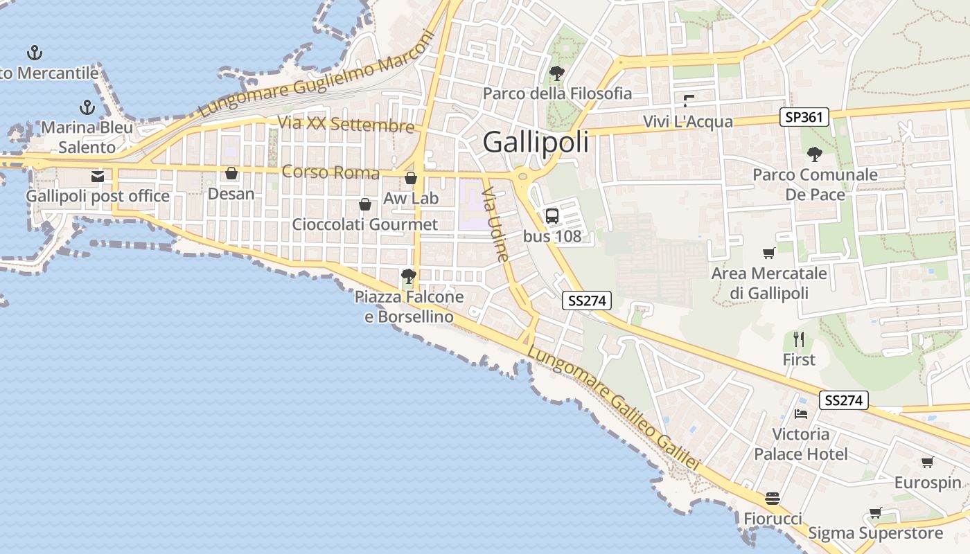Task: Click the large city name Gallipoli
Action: click(x=536, y=142)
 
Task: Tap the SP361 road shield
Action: click(x=804, y=117)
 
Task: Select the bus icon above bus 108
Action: click(x=552, y=215)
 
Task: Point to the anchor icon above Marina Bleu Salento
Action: click(x=87, y=107)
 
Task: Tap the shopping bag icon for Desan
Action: click(x=231, y=172)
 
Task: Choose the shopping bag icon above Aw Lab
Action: click(x=411, y=178)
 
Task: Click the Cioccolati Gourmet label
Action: click(x=364, y=224)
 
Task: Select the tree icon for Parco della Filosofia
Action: click(x=556, y=73)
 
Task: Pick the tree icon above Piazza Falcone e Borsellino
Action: click(x=408, y=276)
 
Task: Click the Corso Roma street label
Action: click(x=330, y=172)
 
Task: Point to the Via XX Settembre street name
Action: click(x=346, y=125)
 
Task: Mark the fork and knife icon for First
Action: click(x=799, y=339)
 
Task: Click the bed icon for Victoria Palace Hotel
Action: click(x=801, y=414)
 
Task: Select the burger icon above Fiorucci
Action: click(x=773, y=499)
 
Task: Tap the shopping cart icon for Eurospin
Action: click(x=927, y=462)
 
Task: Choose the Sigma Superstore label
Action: click(x=876, y=533)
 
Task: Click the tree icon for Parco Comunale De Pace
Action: click(x=814, y=154)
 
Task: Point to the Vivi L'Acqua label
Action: click(x=688, y=122)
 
